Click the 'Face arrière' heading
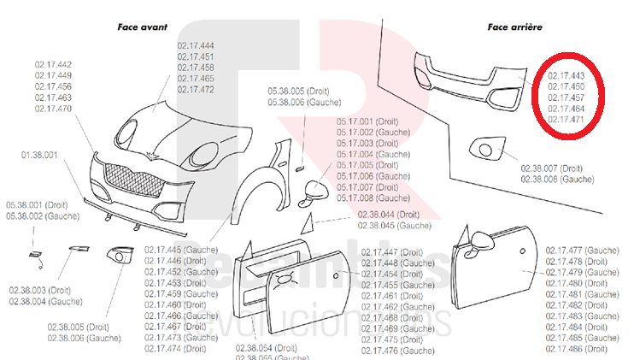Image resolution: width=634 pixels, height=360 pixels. (x=514, y=27)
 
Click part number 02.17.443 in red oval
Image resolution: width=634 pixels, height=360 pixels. (x=566, y=75)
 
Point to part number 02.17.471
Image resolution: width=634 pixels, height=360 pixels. (x=566, y=120)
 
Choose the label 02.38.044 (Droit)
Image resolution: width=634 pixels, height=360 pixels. (x=389, y=215)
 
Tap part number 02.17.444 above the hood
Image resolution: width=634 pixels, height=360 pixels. (x=196, y=45)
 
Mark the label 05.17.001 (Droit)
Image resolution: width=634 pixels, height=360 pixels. (x=367, y=121)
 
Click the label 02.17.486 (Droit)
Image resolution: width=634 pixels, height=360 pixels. (x=577, y=349)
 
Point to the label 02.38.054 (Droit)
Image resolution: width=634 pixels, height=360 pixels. (x=265, y=349)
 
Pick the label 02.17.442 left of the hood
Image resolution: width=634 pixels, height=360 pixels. (x=53, y=65)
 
